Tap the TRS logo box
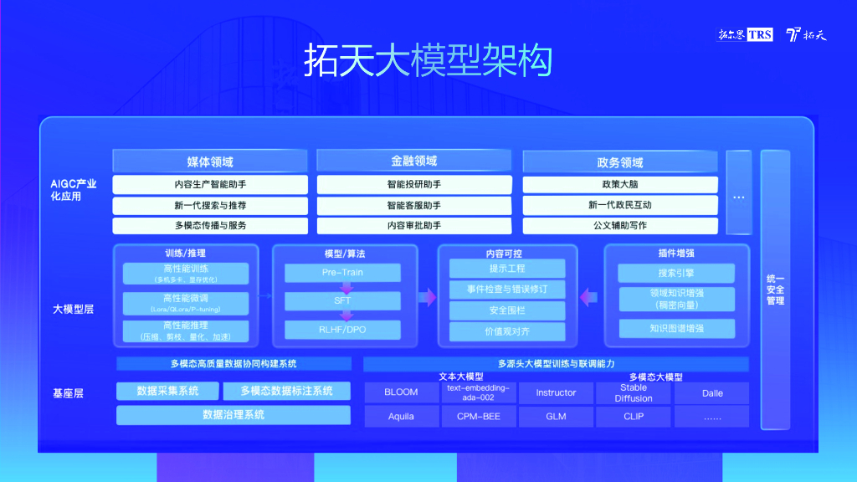coord(759,34)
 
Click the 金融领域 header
coord(414,161)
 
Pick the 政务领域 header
coord(620,162)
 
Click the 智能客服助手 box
coord(414,205)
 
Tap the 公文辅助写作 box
coord(620,225)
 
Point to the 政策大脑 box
coord(620,184)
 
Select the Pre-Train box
coord(342,273)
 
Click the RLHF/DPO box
coord(342,330)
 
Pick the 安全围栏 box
coord(506,310)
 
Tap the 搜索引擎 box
coord(676,273)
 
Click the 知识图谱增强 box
coord(676,329)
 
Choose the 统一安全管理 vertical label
coord(775,289)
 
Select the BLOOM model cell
coord(401,392)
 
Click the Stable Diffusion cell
coord(634,392)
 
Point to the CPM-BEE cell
coord(478,416)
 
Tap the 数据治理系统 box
coord(233,414)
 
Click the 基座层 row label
coord(69,392)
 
